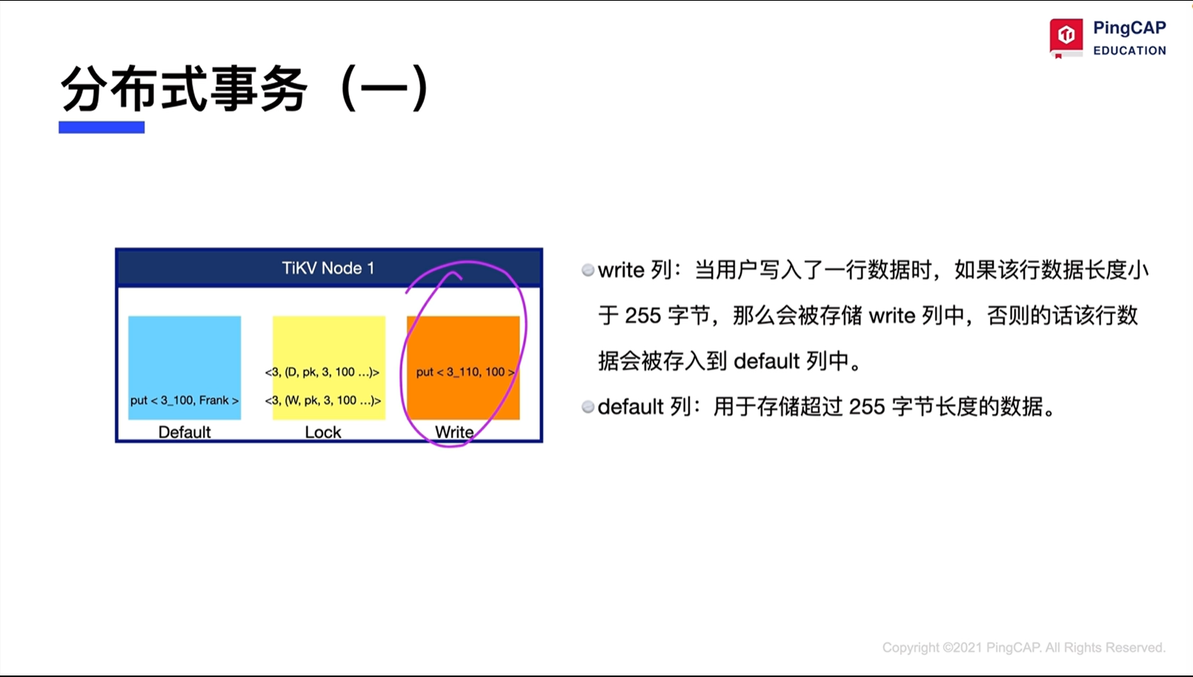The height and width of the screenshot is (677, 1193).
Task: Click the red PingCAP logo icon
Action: point(1066,37)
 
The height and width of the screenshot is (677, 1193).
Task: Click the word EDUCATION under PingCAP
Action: point(1129,50)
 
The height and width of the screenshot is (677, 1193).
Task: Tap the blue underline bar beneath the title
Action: point(102,127)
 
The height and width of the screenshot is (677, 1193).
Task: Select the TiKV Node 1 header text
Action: point(328,268)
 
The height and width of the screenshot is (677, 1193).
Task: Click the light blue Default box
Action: point(185,368)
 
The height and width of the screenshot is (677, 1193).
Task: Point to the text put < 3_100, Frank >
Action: point(185,400)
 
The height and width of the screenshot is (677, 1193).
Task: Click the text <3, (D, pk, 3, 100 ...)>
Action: point(322,372)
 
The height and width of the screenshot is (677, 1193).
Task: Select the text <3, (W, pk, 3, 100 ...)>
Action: point(323,400)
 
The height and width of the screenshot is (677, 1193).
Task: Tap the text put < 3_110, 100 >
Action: point(465,372)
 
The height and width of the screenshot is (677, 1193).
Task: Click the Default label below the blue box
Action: point(185,432)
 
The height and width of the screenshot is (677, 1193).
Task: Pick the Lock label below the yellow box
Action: point(323,432)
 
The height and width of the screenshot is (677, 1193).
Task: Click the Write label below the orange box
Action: point(454,432)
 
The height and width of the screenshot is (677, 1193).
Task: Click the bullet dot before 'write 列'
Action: point(588,270)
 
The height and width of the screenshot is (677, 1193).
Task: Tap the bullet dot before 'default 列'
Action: point(588,407)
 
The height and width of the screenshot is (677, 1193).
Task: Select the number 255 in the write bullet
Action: point(643,316)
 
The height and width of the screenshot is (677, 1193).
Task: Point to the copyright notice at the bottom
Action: point(1023,647)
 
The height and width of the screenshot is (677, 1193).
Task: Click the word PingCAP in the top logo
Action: point(1129,28)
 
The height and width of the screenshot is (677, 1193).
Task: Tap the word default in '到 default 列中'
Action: point(766,362)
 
